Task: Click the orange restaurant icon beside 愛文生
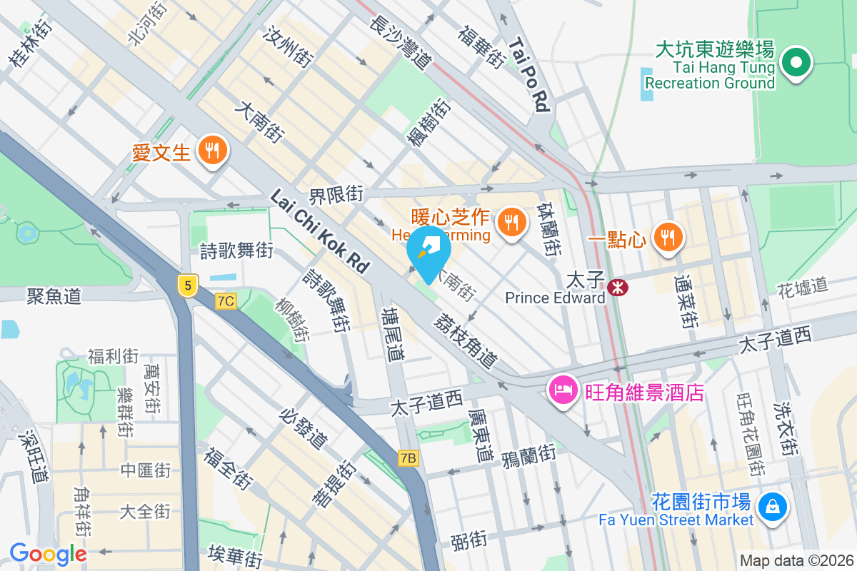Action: (x=211, y=151)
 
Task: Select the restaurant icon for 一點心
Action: (x=668, y=236)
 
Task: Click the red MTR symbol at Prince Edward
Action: (x=616, y=287)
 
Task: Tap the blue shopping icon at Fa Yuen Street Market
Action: (x=773, y=507)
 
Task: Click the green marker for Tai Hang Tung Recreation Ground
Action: (x=794, y=63)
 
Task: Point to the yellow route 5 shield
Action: (x=187, y=286)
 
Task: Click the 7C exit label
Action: (x=226, y=301)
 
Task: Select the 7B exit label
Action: (x=408, y=458)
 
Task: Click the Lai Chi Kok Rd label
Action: (x=319, y=231)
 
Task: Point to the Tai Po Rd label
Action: (x=528, y=75)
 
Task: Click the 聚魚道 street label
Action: (x=54, y=295)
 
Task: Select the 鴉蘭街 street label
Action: (x=528, y=455)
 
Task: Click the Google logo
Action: (x=48, y=554)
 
